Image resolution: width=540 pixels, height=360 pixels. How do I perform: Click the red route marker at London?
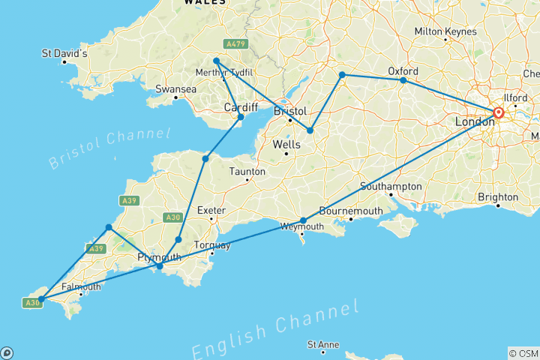(x=498, y=113)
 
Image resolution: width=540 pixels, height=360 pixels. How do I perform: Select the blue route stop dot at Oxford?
(x=403, y=80)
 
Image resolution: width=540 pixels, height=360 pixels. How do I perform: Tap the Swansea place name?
(x=175, y=88)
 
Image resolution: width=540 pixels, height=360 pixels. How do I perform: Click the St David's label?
(x=65, y=54)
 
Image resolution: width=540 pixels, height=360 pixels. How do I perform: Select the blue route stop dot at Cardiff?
(x=241, y=117)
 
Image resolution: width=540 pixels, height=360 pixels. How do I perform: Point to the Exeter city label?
(x=211, y=211)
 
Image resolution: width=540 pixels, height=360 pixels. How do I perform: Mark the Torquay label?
(x=207, y=245)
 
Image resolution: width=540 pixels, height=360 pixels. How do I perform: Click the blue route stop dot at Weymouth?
(x=303, y=220)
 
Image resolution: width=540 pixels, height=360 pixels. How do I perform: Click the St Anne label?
(x=323, y=345)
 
